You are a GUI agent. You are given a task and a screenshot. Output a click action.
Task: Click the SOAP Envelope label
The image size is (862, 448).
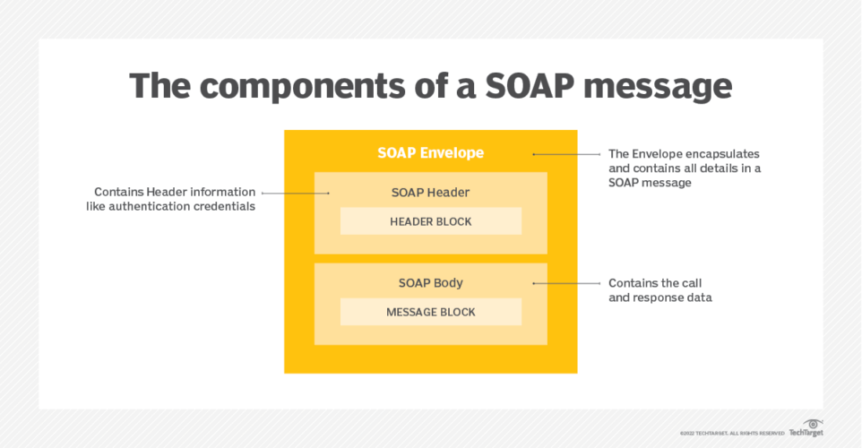pyautogui.click(x=430, y=152)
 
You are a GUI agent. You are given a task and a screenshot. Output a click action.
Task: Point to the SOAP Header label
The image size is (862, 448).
pyautogui.click(x=430, y=192)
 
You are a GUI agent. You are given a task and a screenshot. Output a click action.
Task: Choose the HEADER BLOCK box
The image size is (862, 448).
pyautogui.click(x=430, y=221)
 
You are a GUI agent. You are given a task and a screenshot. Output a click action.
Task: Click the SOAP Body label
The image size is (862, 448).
pyautogui.click(x=430, y=282)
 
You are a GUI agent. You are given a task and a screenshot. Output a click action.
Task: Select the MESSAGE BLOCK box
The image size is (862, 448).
pyautogui.click(x=430, y=312)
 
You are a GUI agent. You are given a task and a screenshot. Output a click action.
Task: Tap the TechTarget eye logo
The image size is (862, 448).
pyautogui.click(x=813, y=425)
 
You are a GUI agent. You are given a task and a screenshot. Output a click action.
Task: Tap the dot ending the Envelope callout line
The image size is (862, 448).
pyautogui.click(x=534, y=153)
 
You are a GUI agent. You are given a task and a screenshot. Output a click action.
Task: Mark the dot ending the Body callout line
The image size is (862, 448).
pyautogui.click(x=534, y=283)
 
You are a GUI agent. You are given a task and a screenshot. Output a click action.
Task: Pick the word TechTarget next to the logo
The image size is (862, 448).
pyautogui.click(x=806, y=434)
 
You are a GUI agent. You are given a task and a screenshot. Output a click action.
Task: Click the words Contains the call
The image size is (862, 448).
pyautogui.click(x=648, y=282)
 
